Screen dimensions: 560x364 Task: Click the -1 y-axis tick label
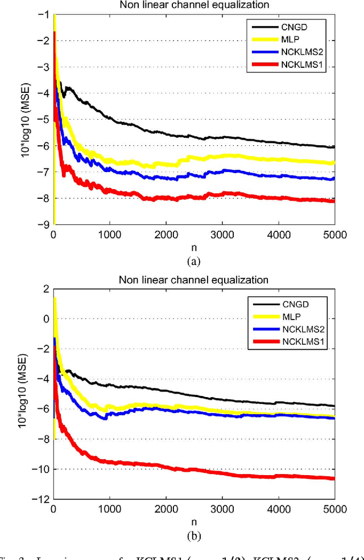tap(44, 15)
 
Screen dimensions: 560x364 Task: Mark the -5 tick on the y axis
tap(44, 120)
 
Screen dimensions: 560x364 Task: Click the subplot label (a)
tap(193, 261)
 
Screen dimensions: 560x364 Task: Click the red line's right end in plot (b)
tap(334, 479)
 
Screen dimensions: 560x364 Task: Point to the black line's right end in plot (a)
tap(334, 147)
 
